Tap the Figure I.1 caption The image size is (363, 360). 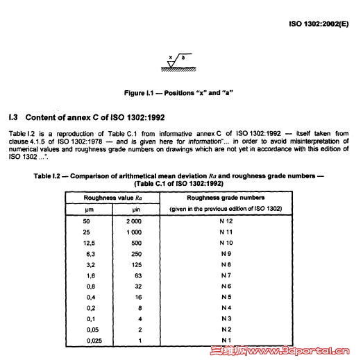coord(178,92)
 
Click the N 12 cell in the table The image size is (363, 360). coord(226,220)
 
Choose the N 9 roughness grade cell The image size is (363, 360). coord(226,254)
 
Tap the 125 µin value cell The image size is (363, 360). coord(135,265)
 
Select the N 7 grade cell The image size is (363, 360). coord(226,276)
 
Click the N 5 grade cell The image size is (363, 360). coord(226,298)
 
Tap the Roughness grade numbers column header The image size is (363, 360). coord(226,197)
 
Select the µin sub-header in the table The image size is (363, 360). coord(135,208)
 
